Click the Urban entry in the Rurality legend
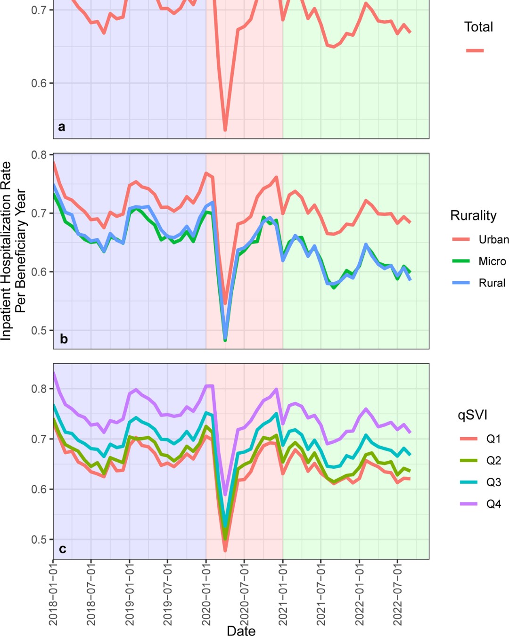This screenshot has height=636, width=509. pos(493,239)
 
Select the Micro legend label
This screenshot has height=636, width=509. pos(492,261)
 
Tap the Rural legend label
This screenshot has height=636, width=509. pos(492,283)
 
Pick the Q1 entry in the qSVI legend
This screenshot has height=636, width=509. pos(493,439)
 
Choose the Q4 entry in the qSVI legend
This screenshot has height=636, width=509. pos(493,504)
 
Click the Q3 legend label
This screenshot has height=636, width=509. pos(493,482)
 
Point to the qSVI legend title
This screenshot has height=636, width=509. pos(472,415)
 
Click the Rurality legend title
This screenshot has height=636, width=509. pos(473,215)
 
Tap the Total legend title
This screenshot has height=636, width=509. pos(478,27)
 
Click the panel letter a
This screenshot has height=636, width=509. pos(62,126)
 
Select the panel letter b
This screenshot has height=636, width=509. pos(64,339)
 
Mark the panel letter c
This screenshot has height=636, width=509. pos(62,549)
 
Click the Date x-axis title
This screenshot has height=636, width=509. pos(241,631)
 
